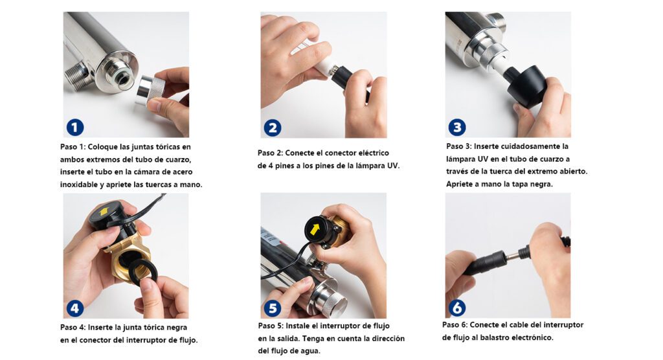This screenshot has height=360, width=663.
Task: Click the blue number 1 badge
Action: (x=75, y=128)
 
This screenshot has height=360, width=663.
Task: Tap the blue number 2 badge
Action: (x=273, y=128)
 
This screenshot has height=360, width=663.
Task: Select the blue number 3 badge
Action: (x=457, y=128)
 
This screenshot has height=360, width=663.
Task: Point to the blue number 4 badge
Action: (x=75, y=308)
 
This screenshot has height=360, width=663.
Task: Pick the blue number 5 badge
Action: (x=273, y=308)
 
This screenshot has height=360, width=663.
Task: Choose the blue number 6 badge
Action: (x=457, y=308)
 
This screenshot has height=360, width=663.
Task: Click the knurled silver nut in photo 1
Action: (x=150, y=89)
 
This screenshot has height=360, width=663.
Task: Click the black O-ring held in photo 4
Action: (x=141, y=271)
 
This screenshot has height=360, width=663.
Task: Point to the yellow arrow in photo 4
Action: (x=103, y=212)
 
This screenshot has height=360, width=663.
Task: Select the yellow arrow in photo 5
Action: (x=315, y=229)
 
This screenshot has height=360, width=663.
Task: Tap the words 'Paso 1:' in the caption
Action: (x=73, y=147)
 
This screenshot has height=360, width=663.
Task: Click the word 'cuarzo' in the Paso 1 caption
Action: (x=177, y=159)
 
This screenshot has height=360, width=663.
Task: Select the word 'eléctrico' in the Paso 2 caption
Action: (x=373, y=153)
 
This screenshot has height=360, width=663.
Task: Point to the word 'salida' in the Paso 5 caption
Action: (x=288, y=339)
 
